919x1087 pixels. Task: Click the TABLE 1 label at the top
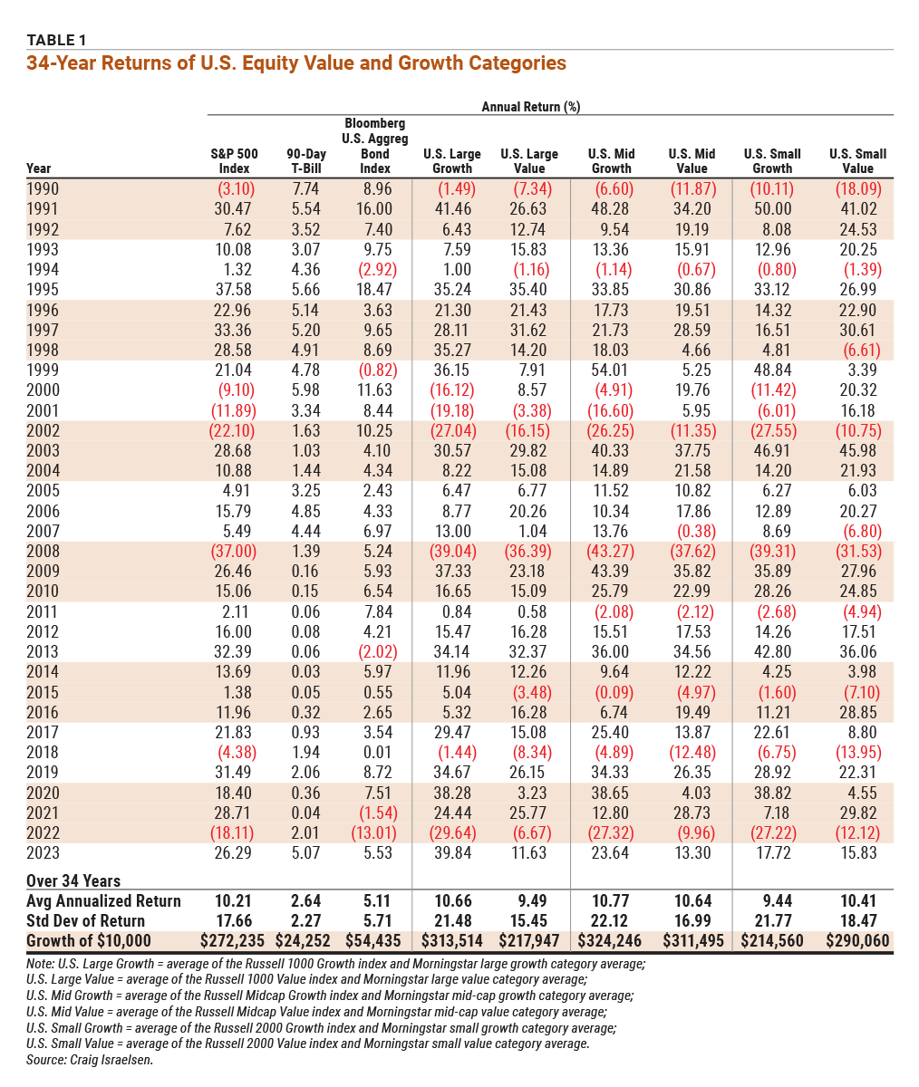[56, 40]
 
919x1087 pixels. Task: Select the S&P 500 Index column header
[234, 161]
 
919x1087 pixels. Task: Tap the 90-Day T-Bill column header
[306, 161]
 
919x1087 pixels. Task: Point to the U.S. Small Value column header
[858, 161]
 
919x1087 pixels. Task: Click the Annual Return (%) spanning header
[531, 107]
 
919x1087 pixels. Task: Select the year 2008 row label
[44, 551]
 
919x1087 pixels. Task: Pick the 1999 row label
[43, 370]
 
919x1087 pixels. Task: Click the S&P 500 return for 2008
[234, 551]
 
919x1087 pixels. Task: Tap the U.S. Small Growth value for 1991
[772, 208]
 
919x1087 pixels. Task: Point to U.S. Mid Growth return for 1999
[610, 370]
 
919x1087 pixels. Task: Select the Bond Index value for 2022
[373, 832]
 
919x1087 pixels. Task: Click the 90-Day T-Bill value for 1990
[305, 188]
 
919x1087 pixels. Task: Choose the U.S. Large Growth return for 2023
[452, 852]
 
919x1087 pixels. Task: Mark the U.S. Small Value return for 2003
[858, 450]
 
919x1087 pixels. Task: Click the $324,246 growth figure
[610, 940]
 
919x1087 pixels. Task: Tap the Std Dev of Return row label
[85, 920]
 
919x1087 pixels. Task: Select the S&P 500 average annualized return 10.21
[234, 900]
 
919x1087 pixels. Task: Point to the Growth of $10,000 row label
[89, 940]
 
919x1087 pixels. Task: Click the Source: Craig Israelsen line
[90, 1060]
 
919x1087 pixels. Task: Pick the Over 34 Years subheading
[73, 880]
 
